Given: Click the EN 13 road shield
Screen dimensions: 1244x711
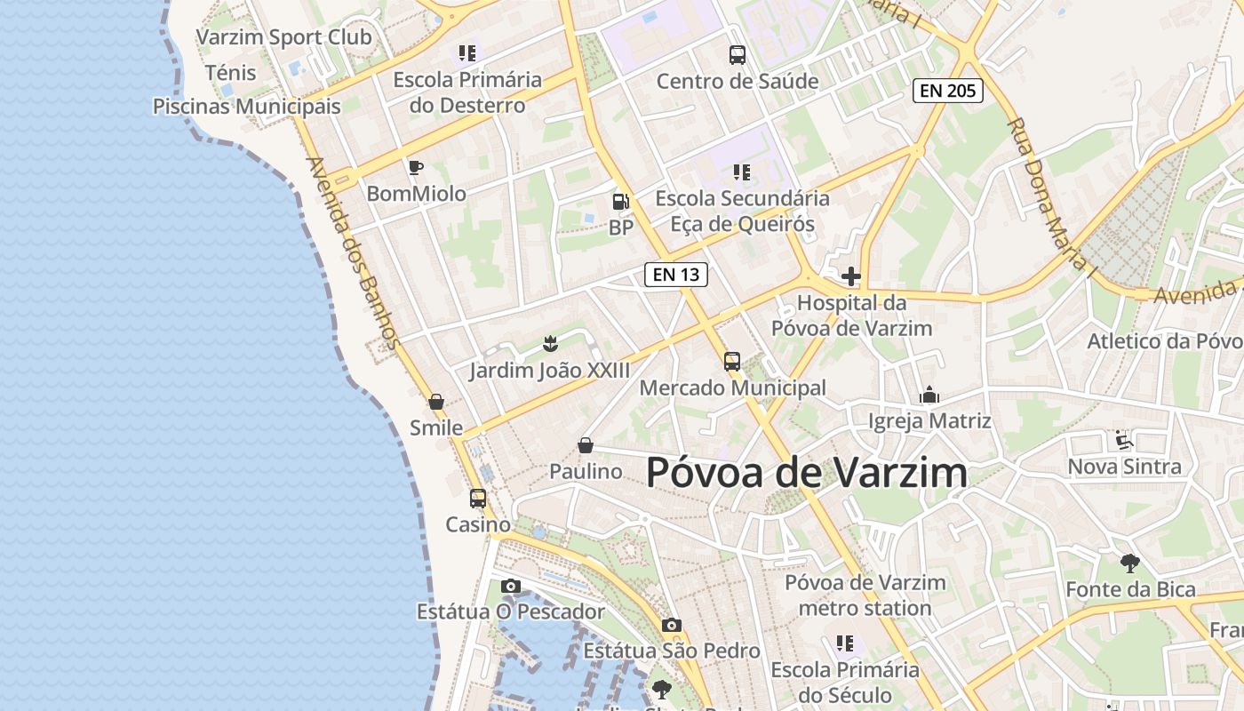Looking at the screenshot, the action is tap(676, 275).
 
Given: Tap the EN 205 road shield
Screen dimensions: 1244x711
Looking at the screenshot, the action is tap(948, 90).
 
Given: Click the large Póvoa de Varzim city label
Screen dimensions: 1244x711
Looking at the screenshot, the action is tap(807, 472).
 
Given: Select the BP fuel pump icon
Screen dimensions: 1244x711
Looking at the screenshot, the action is tap(620, 202).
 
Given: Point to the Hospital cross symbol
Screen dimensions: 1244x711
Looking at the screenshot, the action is tap(851, 276).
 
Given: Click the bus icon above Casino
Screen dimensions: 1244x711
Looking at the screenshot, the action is tap(478, 499).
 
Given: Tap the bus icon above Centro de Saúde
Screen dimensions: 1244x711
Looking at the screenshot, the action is tap(738, 55).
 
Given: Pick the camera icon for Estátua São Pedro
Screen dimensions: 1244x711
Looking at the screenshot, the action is tap(672, 625).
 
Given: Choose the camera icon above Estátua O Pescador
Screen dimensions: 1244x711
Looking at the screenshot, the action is tap(510, 586).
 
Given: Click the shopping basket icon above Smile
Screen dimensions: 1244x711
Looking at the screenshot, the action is tap(436, 402).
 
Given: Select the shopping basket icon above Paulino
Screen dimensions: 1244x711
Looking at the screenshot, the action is tap(586, 445).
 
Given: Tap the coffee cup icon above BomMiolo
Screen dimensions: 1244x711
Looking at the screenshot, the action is tap(415, 167).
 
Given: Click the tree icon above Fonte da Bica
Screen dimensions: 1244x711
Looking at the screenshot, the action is tap(1130, 563).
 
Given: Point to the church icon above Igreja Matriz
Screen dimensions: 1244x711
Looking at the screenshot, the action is tap(929, 395).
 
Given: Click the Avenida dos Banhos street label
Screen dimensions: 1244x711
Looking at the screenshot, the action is tap(353, 252).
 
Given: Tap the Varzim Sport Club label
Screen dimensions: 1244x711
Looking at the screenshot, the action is tap(283, 37).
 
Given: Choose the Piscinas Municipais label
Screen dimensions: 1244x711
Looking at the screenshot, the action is tap(247, 107).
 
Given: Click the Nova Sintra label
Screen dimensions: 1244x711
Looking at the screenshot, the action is tap(1125, 467).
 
